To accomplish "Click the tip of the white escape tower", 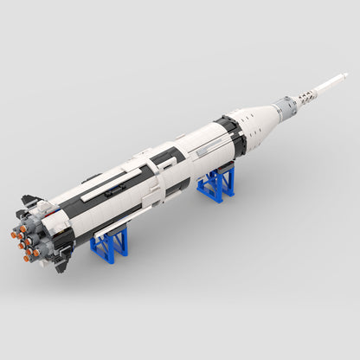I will pyautogui.click(x=344, y=75).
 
